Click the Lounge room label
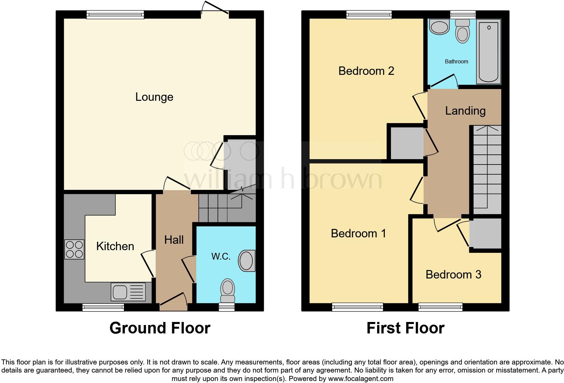click(154, 97)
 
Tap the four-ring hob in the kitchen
click(75, 249)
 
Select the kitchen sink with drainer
click(128, 292)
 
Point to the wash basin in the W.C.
click(247, 261)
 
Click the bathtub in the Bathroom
click(488, 51)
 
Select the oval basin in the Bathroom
click(439, 27)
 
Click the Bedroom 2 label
click(366, 71)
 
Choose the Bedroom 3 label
click(453, 274)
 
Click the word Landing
click(465, 111)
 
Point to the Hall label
click(174, 240)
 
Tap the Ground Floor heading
click(160, 328)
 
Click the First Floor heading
click(405, 328)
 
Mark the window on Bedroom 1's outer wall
click(358, 307)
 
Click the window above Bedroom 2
click(369, 14)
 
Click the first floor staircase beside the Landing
click(487, 169)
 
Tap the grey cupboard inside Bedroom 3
click(486, 234)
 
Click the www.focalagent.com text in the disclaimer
click(360, 379)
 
